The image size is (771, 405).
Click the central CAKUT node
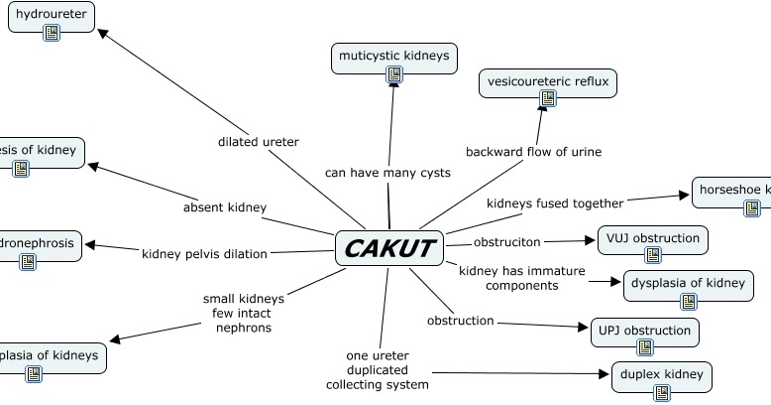click(389, 248)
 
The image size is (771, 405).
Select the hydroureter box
click(52, 13)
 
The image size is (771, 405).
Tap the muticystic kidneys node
click(393, 56)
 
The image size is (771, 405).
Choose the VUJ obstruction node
click(652, 238)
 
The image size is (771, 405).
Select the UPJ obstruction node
click(644, 331)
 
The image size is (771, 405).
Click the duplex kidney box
click(662, 374)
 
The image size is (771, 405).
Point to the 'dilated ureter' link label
click(258, 142)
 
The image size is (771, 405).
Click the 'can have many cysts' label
click(387, 173)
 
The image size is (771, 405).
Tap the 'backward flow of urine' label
click(533, 152)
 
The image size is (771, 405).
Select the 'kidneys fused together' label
click(555, 203)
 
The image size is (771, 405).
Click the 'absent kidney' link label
click(225, 207)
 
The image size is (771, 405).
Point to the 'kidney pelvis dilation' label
click(204, 254)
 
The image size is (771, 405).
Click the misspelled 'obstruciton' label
click(506, 242)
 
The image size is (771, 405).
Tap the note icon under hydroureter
click(52, 33)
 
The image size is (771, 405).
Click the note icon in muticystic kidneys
click(394, 74)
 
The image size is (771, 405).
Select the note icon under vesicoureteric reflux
click(548, 98)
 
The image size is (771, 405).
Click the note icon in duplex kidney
click(662, 393)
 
